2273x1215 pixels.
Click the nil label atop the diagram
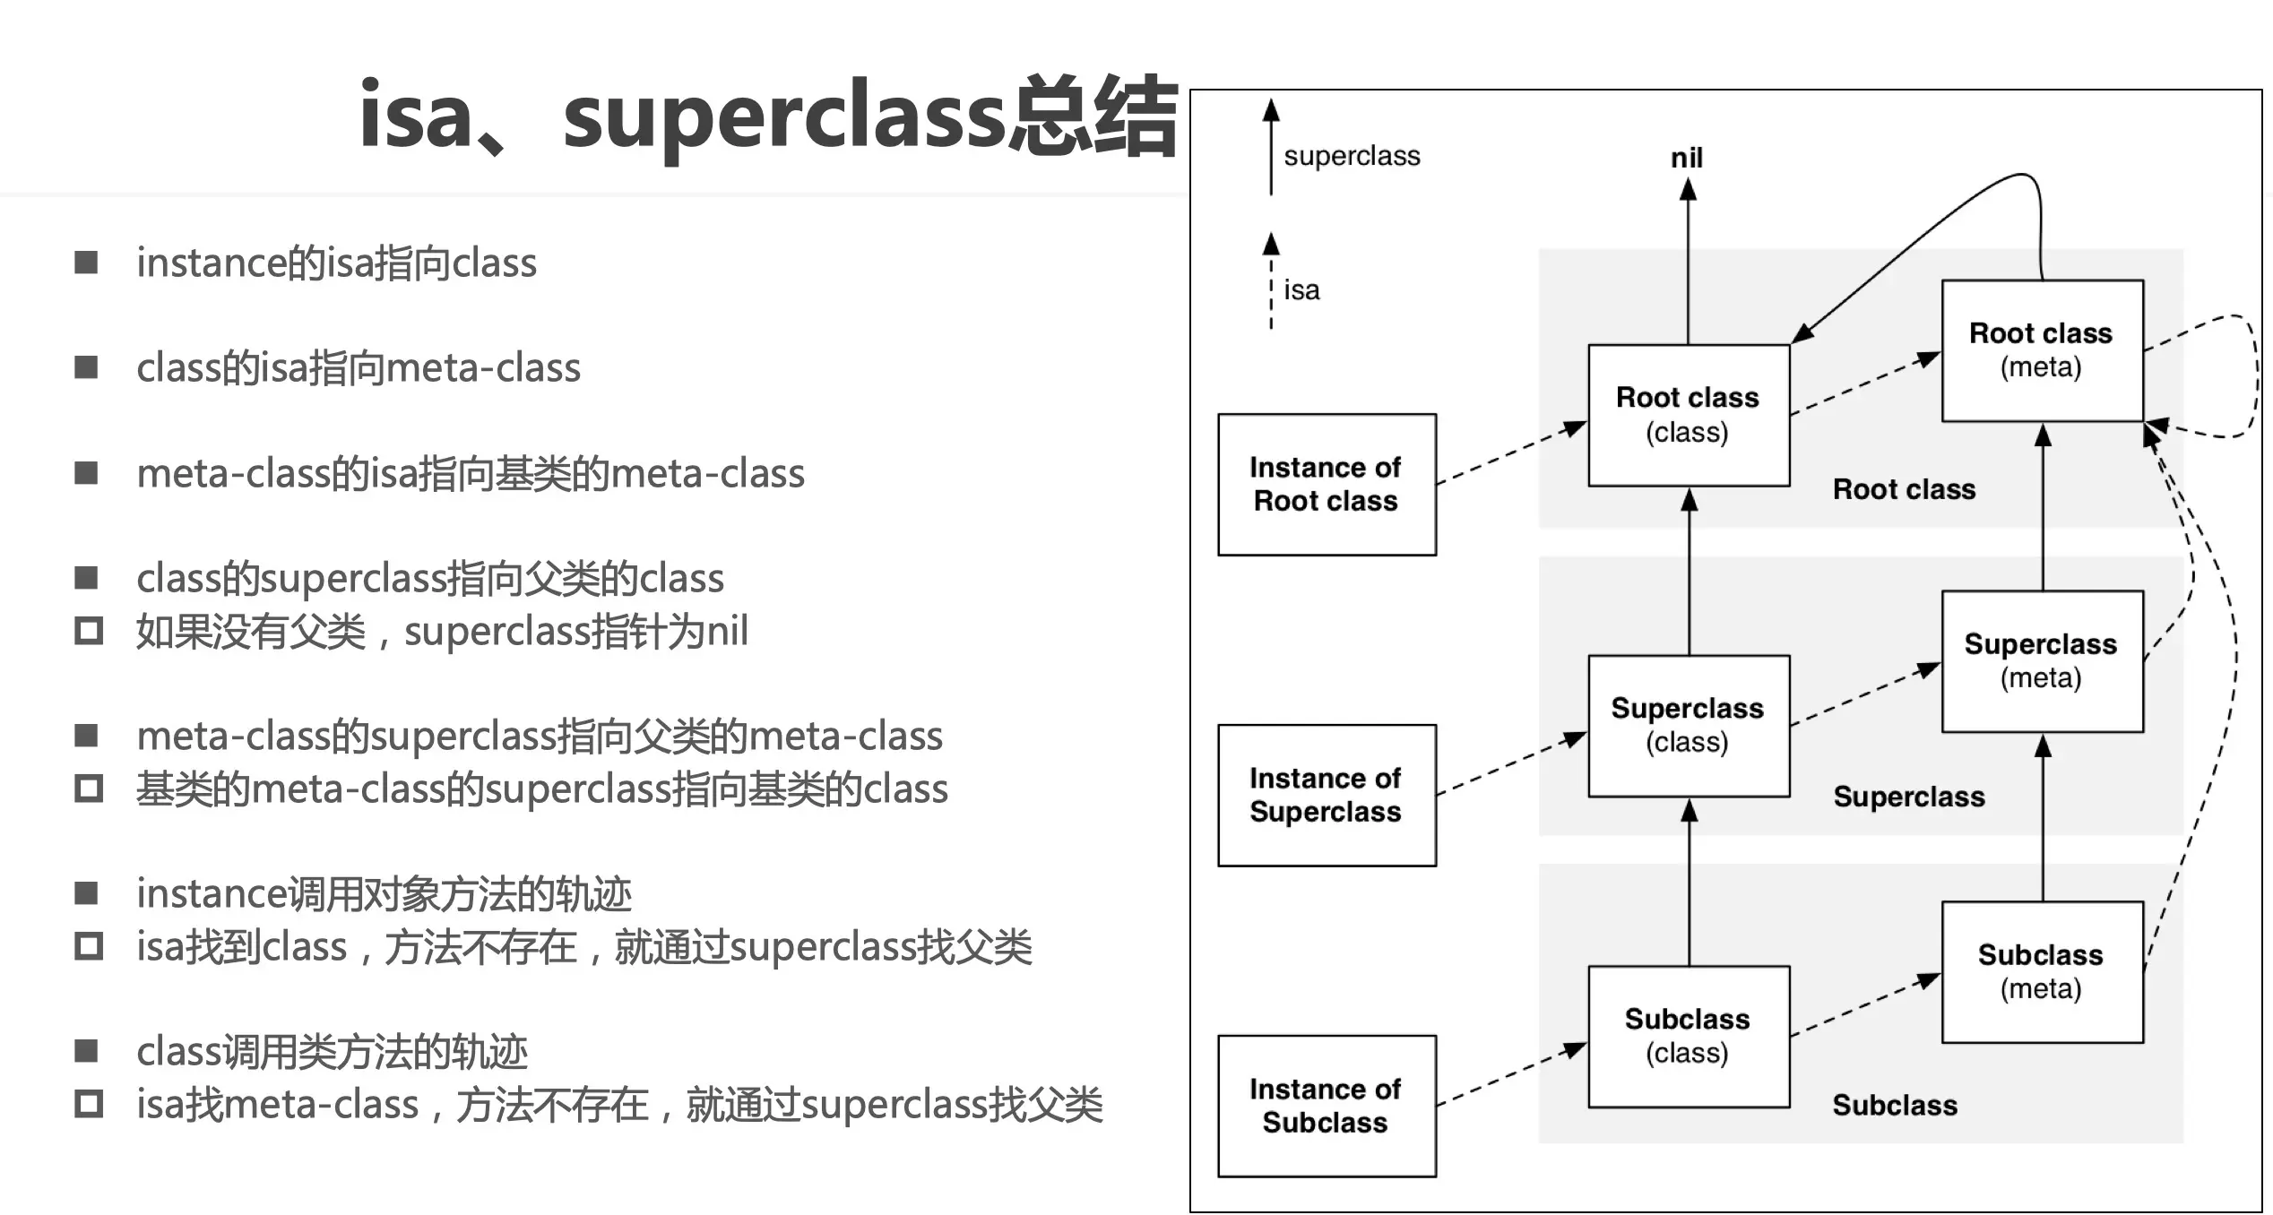(x=1686, y=159)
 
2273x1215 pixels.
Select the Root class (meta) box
(x=2042, y=350)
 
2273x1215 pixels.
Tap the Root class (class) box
(x=1688, y=415)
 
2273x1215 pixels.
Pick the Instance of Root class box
(x=1326, y=484)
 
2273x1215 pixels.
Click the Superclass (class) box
(x=1688, y=725)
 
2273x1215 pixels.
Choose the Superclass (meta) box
(x=2042, y=661)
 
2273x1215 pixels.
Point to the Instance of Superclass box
(x=1326, y=795)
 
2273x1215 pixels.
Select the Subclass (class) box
(x=1688, y=1036)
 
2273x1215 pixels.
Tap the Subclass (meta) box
(x=2042, y=971)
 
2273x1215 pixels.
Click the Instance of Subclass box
(x=1326, y=1106)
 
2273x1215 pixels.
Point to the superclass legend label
(x=1352, y=156)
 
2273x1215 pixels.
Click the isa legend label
(x=1301, y=290)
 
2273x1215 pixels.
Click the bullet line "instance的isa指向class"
(x=336, y=263)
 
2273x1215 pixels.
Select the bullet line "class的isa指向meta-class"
(x=358, y=368)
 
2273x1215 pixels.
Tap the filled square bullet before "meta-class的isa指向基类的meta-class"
(x=87, y=473)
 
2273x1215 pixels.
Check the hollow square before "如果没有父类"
(x=88, y=632)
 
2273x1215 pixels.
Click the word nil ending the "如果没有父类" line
(x=727, y=632)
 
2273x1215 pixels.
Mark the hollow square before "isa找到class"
(x=88, y=947)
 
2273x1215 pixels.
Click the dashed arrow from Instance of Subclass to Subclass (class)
(x=1511, y=1075)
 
